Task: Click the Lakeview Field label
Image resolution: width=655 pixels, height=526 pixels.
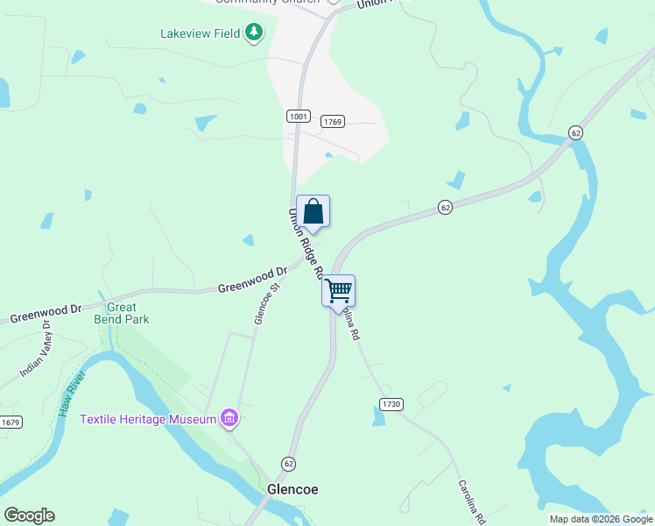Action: [x=200, y=34]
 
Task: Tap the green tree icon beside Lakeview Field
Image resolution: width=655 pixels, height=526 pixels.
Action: [x=254, y=32]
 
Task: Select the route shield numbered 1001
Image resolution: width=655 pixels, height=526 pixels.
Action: [x=297, y=116]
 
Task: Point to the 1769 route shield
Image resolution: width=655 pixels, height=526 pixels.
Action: [x=331, y=121]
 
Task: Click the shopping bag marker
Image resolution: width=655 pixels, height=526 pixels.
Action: [x=313, y=212]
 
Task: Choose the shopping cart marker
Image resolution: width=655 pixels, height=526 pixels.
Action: [x=338, y=290]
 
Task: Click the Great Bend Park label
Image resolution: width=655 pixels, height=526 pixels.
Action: [x=121, y=313]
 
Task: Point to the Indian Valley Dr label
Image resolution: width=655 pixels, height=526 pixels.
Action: [x=35, y=350]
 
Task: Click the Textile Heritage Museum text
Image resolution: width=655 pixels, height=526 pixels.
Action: [x=148, y=419]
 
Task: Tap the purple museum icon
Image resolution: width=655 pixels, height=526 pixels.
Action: [x=229, y=418]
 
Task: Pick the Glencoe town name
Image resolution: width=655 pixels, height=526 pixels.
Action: [x=292, y=489]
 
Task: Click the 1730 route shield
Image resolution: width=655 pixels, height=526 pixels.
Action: [x=391, y=403]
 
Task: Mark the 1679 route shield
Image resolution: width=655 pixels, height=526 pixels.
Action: [x=10, y=422]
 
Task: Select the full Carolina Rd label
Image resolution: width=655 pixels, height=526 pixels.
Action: [x=470, y=500]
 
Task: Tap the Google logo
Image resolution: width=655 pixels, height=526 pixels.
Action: [x=29, y=515]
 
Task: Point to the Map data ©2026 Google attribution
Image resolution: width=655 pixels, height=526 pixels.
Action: [x=601, y=519]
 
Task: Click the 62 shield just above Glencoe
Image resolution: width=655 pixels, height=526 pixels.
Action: [x=288, y=463]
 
